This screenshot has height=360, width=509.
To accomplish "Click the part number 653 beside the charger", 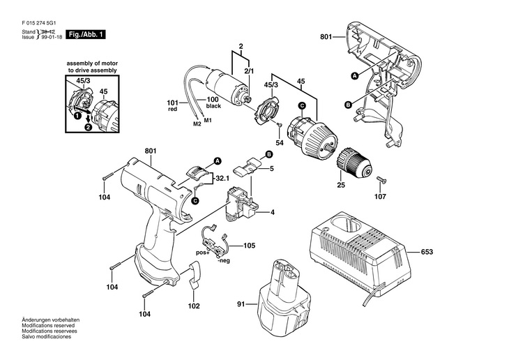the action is coord(427,252).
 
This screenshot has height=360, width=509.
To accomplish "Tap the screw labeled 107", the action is coord(380,180).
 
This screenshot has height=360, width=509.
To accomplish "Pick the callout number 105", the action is coord(250,246).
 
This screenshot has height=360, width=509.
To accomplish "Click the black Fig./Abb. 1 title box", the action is coord(85,34).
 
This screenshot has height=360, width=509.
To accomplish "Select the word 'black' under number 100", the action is coord(213,106).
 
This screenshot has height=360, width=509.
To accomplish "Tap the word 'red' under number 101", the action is coord(173,109).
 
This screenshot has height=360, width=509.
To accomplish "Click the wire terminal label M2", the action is coord(197,123).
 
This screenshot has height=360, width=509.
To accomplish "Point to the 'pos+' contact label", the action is coord(203,253).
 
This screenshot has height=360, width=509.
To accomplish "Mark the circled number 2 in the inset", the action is coord(88,128).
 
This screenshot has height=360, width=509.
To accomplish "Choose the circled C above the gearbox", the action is coord(302,105).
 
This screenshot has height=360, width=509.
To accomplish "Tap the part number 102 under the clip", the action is coord(194,306).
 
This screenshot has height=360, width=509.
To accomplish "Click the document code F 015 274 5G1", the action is coord(38,24).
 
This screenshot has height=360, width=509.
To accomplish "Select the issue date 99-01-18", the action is coord(52,37).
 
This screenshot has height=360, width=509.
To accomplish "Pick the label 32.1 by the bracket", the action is coord(222,179).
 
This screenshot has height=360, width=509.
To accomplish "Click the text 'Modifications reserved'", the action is coord(48,325).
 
